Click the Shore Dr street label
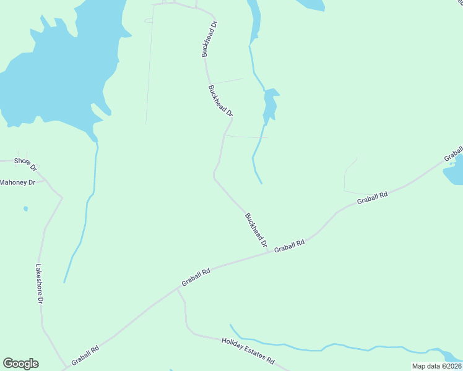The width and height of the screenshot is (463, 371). point(26,164)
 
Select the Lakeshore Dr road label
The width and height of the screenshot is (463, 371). point(39,284)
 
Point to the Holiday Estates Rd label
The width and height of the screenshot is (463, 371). point(248,351)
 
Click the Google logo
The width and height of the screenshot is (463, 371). point(20,364)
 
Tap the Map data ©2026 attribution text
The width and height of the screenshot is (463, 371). point(436,366)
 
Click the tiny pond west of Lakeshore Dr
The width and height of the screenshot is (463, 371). point(25,209)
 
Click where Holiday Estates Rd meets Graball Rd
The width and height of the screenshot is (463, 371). point(178,288)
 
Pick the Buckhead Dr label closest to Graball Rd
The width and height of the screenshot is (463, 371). point(256,230)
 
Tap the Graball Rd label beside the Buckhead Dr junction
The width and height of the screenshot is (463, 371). point(290,245)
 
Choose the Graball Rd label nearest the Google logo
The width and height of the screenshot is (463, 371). point(85,356)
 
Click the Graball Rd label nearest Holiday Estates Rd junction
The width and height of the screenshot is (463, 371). point(196,276)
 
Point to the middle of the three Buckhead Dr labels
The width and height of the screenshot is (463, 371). point(221,101)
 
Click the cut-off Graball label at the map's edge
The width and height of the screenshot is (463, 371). point(454,154)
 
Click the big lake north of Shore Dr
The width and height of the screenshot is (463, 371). point(56,68)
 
